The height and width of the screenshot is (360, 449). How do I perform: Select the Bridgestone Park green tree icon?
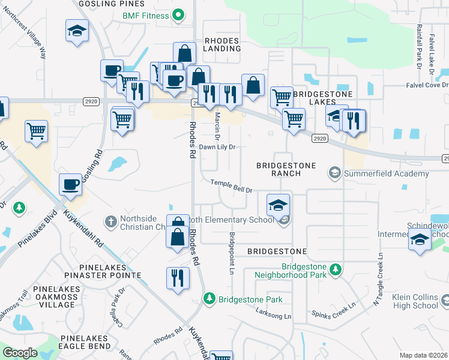click(209, 298)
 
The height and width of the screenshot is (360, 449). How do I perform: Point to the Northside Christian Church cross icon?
click(110, 223)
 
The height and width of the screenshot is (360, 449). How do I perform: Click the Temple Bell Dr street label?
click(231, 186)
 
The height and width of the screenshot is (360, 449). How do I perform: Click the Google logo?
click(20, 353)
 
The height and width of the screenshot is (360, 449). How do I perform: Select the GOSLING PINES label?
click(106, 4)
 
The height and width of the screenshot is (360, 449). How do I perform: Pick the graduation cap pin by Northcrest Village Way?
click(77, 31)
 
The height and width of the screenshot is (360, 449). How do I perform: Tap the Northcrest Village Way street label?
click(24, 36)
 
